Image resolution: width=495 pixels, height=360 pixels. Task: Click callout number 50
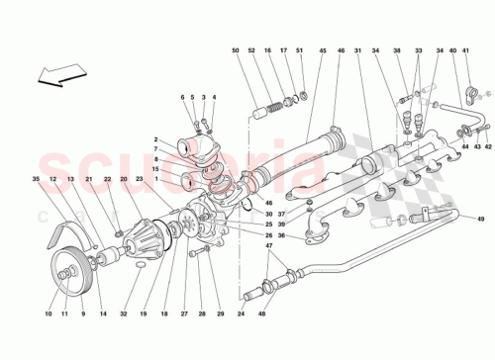click(237, 50)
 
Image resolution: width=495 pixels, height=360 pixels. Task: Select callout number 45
click(323, 50)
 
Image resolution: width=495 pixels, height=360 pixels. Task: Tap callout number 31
click(358, 50)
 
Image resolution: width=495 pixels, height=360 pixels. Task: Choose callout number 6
click(184, 97)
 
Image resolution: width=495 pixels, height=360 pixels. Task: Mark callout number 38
click(397, 50)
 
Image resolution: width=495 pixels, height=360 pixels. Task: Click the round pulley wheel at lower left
click(65, 268)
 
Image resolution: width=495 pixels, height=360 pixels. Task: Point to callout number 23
click(141, 179)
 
